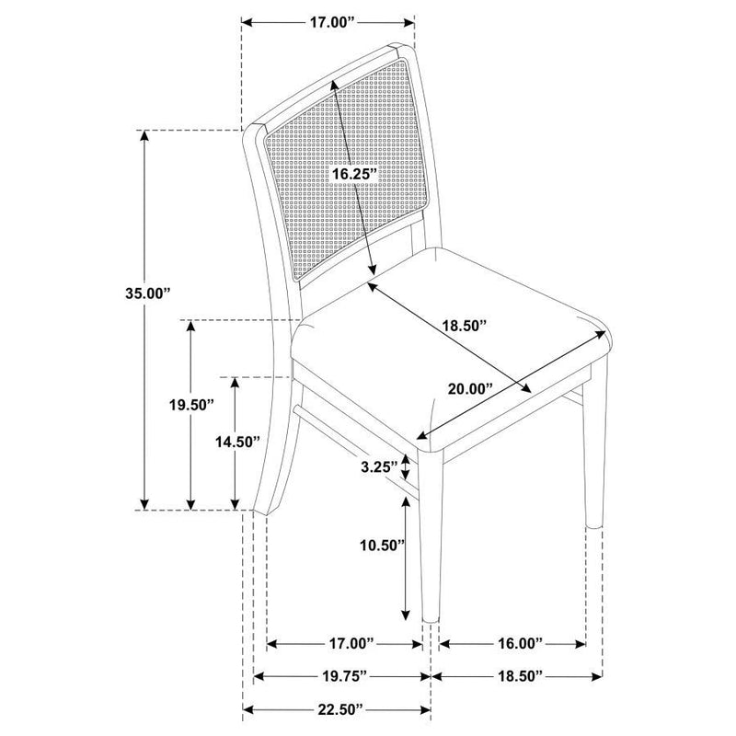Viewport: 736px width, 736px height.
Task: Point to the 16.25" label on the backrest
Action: (354, 173)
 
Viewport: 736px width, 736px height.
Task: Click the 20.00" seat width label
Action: (471, 388)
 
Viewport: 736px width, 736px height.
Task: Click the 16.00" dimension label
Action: (512, 641)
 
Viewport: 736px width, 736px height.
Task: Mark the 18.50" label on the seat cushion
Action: (462, 324)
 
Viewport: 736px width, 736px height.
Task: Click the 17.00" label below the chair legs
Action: (348, 641)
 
